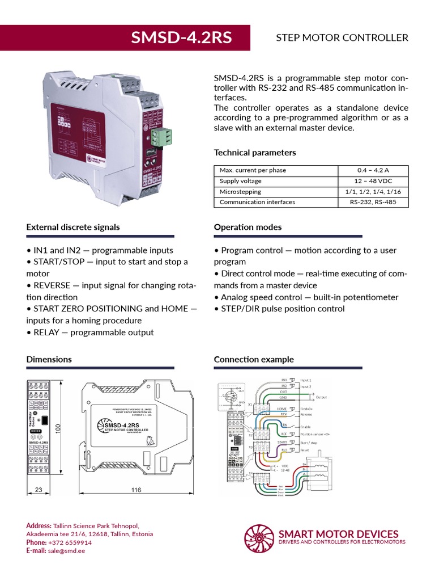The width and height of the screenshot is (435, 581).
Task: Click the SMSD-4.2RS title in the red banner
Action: [x=181, y=37]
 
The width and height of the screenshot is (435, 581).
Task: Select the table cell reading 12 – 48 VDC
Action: [x=373, y=181]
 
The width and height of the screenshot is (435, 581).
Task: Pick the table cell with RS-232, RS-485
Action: [x=373, y=202]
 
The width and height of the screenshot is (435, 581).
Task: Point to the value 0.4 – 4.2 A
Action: [x=373, y=170]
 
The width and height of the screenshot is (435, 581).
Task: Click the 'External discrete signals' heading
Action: [x=73, y=227]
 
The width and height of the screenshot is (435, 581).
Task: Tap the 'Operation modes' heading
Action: [x=248, y=227]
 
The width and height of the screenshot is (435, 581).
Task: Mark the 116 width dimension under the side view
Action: [x=136, y=490]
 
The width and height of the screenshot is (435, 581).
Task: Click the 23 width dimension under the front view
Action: [x=39, y=490]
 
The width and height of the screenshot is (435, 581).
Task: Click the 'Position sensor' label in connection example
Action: [x=315, y=434]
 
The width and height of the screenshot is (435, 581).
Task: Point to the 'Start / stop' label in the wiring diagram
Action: [x=310, y=442]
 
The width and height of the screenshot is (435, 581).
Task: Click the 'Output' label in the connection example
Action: [x=321, y=398]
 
